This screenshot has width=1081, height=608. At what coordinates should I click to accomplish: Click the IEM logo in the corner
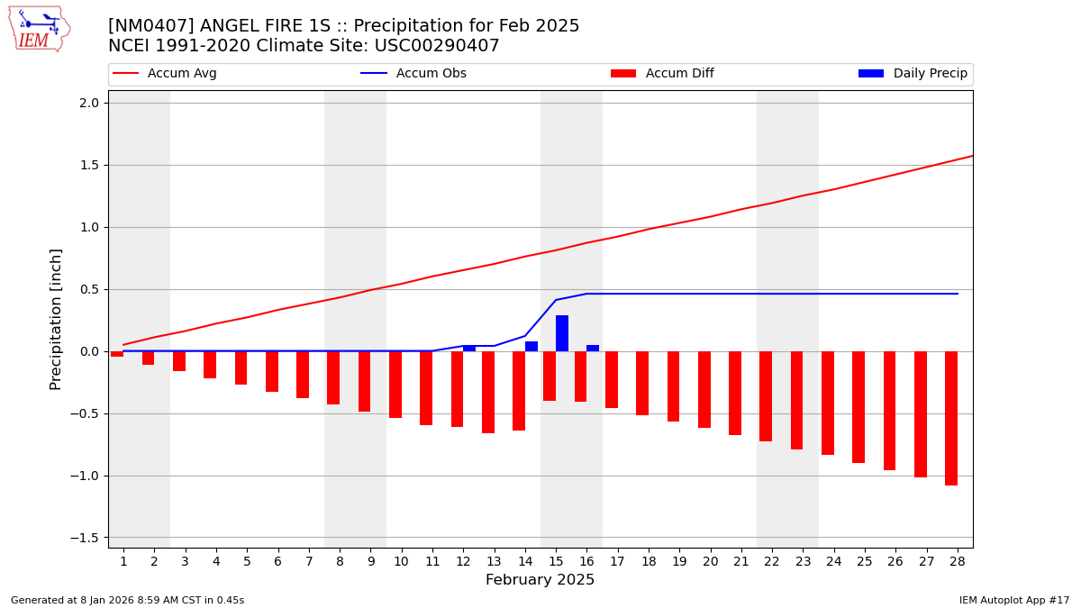coord(39,29)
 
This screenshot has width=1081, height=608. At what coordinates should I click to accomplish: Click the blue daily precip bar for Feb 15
coord(562,333)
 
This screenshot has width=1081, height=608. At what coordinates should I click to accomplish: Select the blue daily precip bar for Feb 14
coord(531,347)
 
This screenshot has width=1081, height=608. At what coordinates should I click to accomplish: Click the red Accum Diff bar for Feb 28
coord(951,418)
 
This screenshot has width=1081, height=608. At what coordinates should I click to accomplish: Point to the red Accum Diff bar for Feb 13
coord(488,392)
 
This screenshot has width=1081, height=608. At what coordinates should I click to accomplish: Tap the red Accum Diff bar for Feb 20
coord(704,389)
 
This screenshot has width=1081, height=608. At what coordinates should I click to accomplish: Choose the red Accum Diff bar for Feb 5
coord(241,368)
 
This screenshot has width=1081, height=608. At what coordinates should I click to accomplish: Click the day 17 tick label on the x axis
coord(617,561)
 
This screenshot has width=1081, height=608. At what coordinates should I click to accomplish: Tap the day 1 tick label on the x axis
coord(123,561)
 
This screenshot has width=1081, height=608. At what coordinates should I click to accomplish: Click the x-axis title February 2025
coord(540,580)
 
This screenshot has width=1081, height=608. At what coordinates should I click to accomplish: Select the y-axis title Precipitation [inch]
coord(56,319)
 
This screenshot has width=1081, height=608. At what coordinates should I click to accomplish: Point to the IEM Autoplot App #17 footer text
coord(1013,600)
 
